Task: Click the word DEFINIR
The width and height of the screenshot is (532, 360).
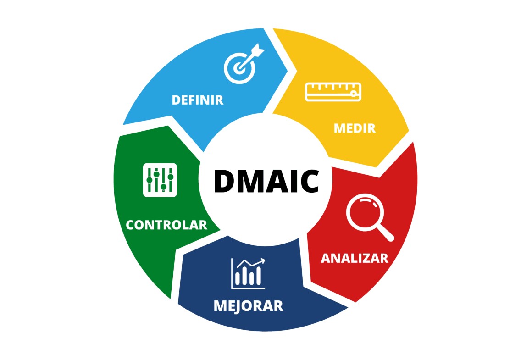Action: click(198, 100)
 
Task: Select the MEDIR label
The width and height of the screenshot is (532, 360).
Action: click(355, 128)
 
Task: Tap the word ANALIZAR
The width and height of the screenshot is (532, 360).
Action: click(355, 258)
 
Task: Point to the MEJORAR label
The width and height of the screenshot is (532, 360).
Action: click(249, 306)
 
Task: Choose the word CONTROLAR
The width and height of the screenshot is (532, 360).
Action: click(166, 225)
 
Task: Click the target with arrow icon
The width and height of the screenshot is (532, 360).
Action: click(244, 63)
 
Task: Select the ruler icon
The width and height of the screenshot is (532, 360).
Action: click(333, 92)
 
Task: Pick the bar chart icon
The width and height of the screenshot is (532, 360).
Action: click(248, 273)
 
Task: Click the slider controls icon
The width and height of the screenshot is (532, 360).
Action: click(160, 180)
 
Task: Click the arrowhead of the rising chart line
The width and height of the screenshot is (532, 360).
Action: click(262, 260)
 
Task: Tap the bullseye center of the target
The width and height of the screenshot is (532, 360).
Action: click(239, 68)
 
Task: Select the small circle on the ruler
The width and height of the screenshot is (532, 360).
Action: click(354, 93)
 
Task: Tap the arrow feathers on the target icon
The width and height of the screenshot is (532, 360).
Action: click(259, 50)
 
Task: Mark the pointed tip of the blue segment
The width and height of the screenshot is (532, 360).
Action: click(287, 71)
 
